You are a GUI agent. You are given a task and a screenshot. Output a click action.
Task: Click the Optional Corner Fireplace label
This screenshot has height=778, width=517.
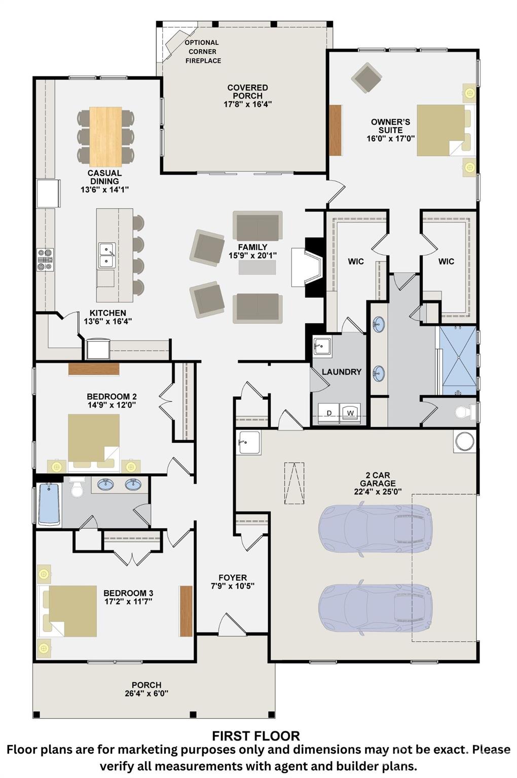coord(203,52)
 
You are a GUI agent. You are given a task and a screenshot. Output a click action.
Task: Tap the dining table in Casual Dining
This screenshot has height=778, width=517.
coord(105,137)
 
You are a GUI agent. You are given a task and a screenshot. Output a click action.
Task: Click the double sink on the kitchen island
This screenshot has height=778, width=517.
coord(106,255)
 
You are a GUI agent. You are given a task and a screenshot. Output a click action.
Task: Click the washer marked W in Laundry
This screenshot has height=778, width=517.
coord(350,413)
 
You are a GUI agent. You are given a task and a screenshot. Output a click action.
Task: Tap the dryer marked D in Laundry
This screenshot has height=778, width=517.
coord(329,413)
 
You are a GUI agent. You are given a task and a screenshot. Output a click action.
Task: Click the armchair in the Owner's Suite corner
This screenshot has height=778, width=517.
coord(366,78)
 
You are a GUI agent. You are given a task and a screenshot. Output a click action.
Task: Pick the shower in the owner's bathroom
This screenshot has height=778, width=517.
coord(458,361)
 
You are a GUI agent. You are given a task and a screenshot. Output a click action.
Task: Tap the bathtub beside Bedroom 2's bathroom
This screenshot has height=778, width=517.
coord(49,504)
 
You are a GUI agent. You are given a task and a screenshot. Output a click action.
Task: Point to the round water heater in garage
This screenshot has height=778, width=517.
coord(464,441)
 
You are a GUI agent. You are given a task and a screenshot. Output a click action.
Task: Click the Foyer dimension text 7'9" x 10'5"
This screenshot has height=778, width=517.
coord(233,586)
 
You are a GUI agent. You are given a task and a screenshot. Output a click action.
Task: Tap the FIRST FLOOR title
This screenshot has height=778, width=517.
coord(256,736)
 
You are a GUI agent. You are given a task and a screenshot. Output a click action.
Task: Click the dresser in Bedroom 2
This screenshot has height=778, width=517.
coord(94,369)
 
